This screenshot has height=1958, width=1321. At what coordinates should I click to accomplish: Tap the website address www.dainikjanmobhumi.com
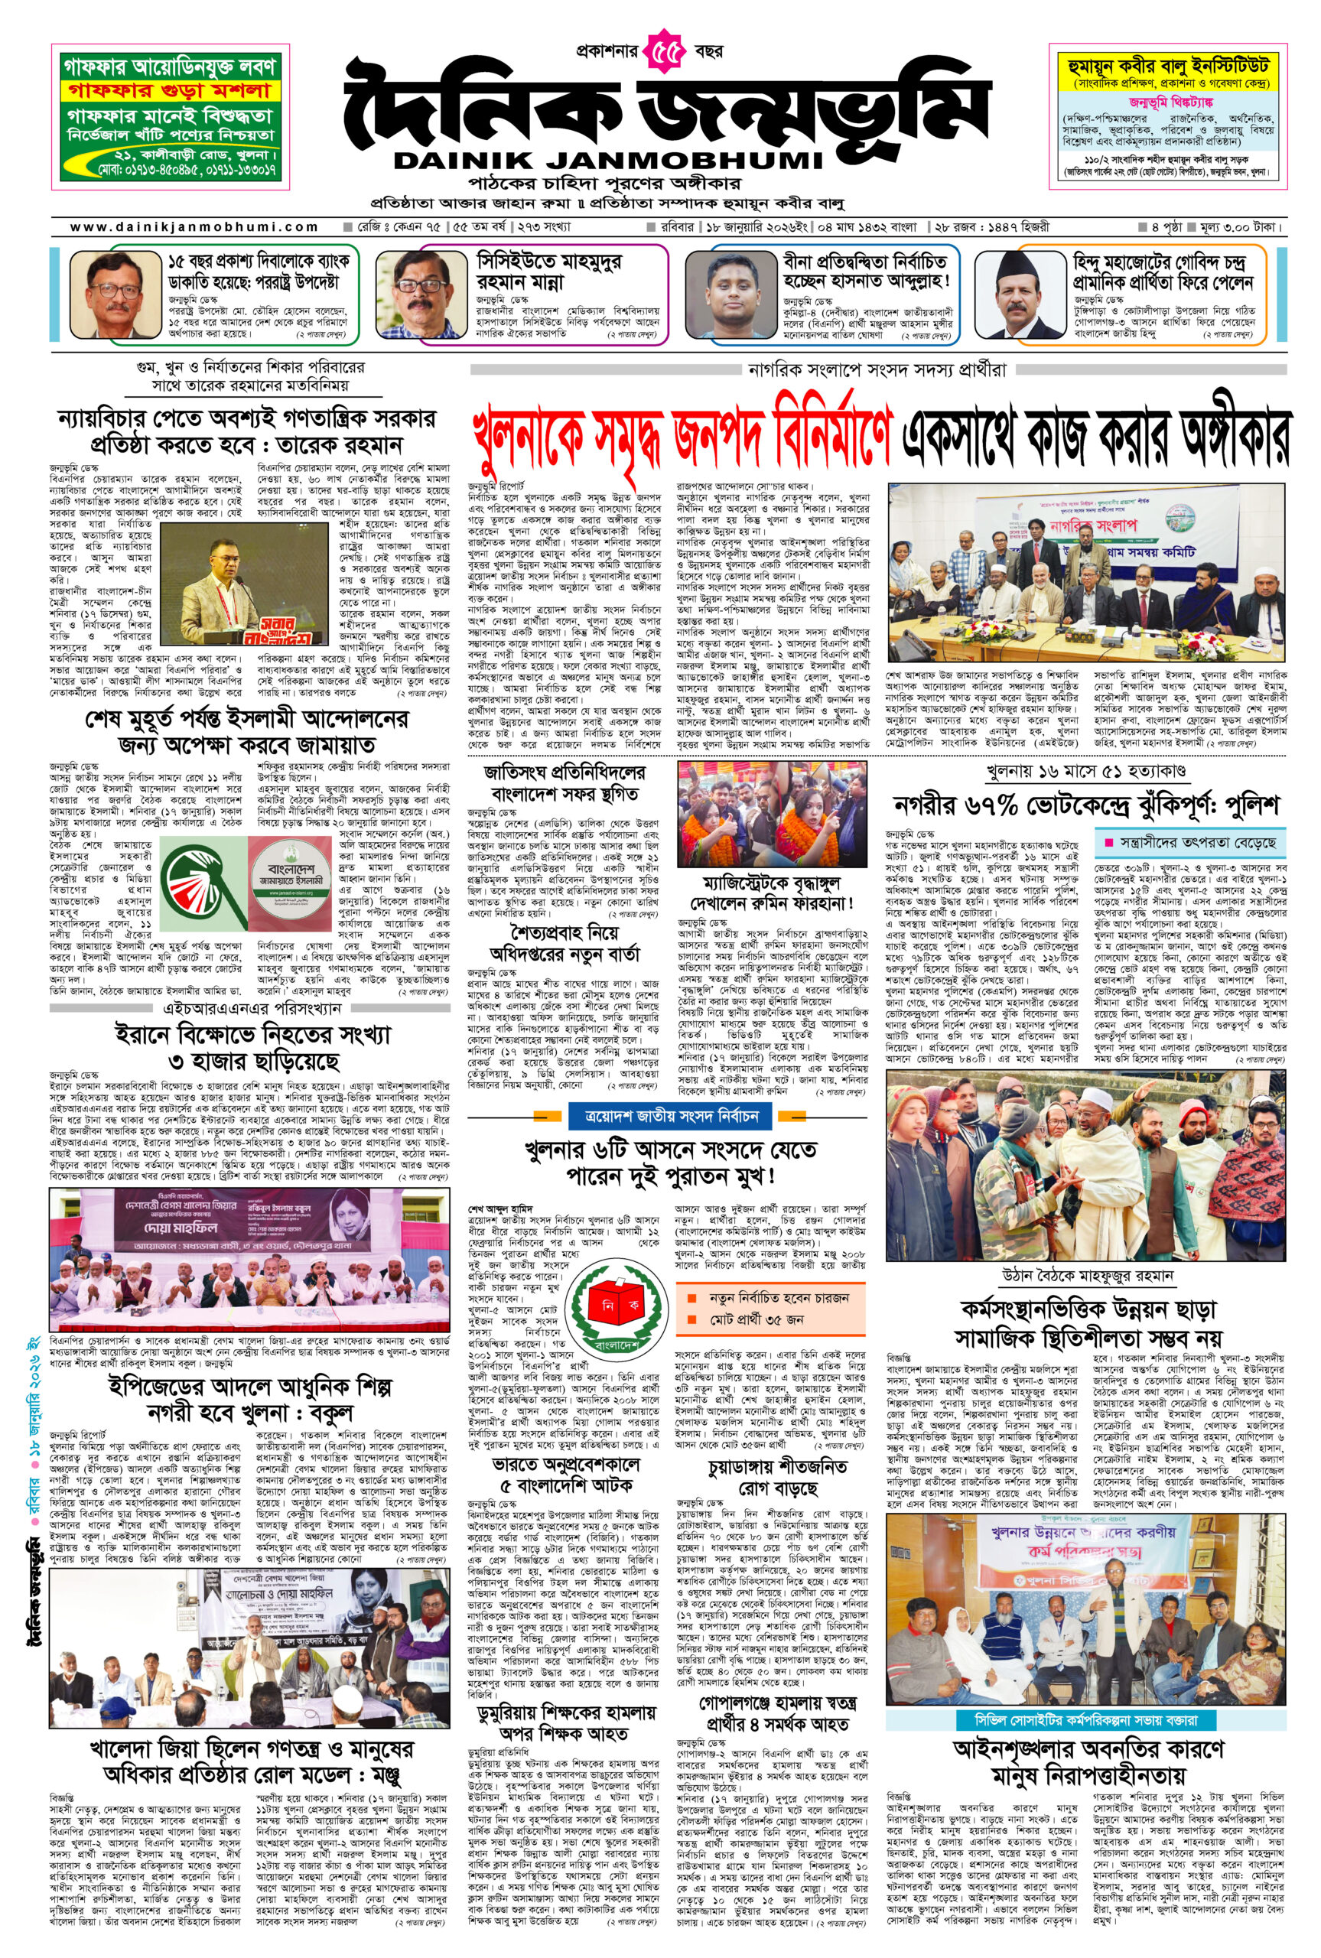coord(194,226)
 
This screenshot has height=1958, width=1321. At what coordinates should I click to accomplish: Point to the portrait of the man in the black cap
coord(1022,293)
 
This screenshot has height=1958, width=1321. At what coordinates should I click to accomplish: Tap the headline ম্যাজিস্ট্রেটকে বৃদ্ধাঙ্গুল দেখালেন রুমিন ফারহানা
coord(772,892)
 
